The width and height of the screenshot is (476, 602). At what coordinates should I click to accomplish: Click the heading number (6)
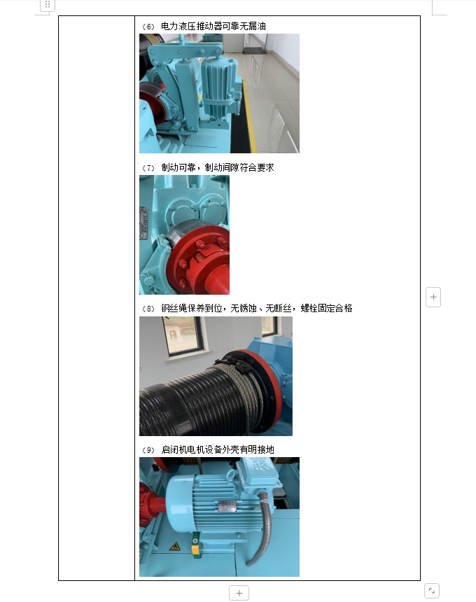coord(148,27)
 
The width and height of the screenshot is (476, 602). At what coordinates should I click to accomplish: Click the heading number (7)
coord(148,168)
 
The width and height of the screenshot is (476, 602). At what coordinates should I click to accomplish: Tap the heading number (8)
coord(148,309)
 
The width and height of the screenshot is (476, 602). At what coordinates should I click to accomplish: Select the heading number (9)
coord(148,449)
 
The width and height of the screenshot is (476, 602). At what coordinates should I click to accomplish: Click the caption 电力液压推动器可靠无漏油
coord(213,26)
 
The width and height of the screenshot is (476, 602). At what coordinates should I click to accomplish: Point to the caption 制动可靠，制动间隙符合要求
coord(218,167)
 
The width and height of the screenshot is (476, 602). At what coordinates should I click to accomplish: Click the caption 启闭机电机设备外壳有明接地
coord(218,449)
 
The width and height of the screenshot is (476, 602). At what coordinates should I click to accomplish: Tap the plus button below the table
coord(239,593)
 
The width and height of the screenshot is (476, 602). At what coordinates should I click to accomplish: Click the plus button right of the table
coord(433,297)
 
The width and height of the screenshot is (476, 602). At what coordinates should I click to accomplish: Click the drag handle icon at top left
coord(48,5)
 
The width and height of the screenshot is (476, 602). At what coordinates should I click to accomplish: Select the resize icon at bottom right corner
coord(432,591)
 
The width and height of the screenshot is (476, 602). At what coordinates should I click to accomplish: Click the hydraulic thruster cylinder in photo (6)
coord(217,86)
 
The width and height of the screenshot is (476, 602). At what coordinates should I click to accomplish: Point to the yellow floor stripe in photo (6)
coord(249,115)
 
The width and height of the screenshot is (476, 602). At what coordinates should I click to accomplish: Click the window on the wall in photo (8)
coord(183,335)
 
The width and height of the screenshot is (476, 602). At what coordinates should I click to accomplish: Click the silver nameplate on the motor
coord(227,506)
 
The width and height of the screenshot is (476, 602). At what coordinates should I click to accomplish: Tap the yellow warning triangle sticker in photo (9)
coord(175,546)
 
